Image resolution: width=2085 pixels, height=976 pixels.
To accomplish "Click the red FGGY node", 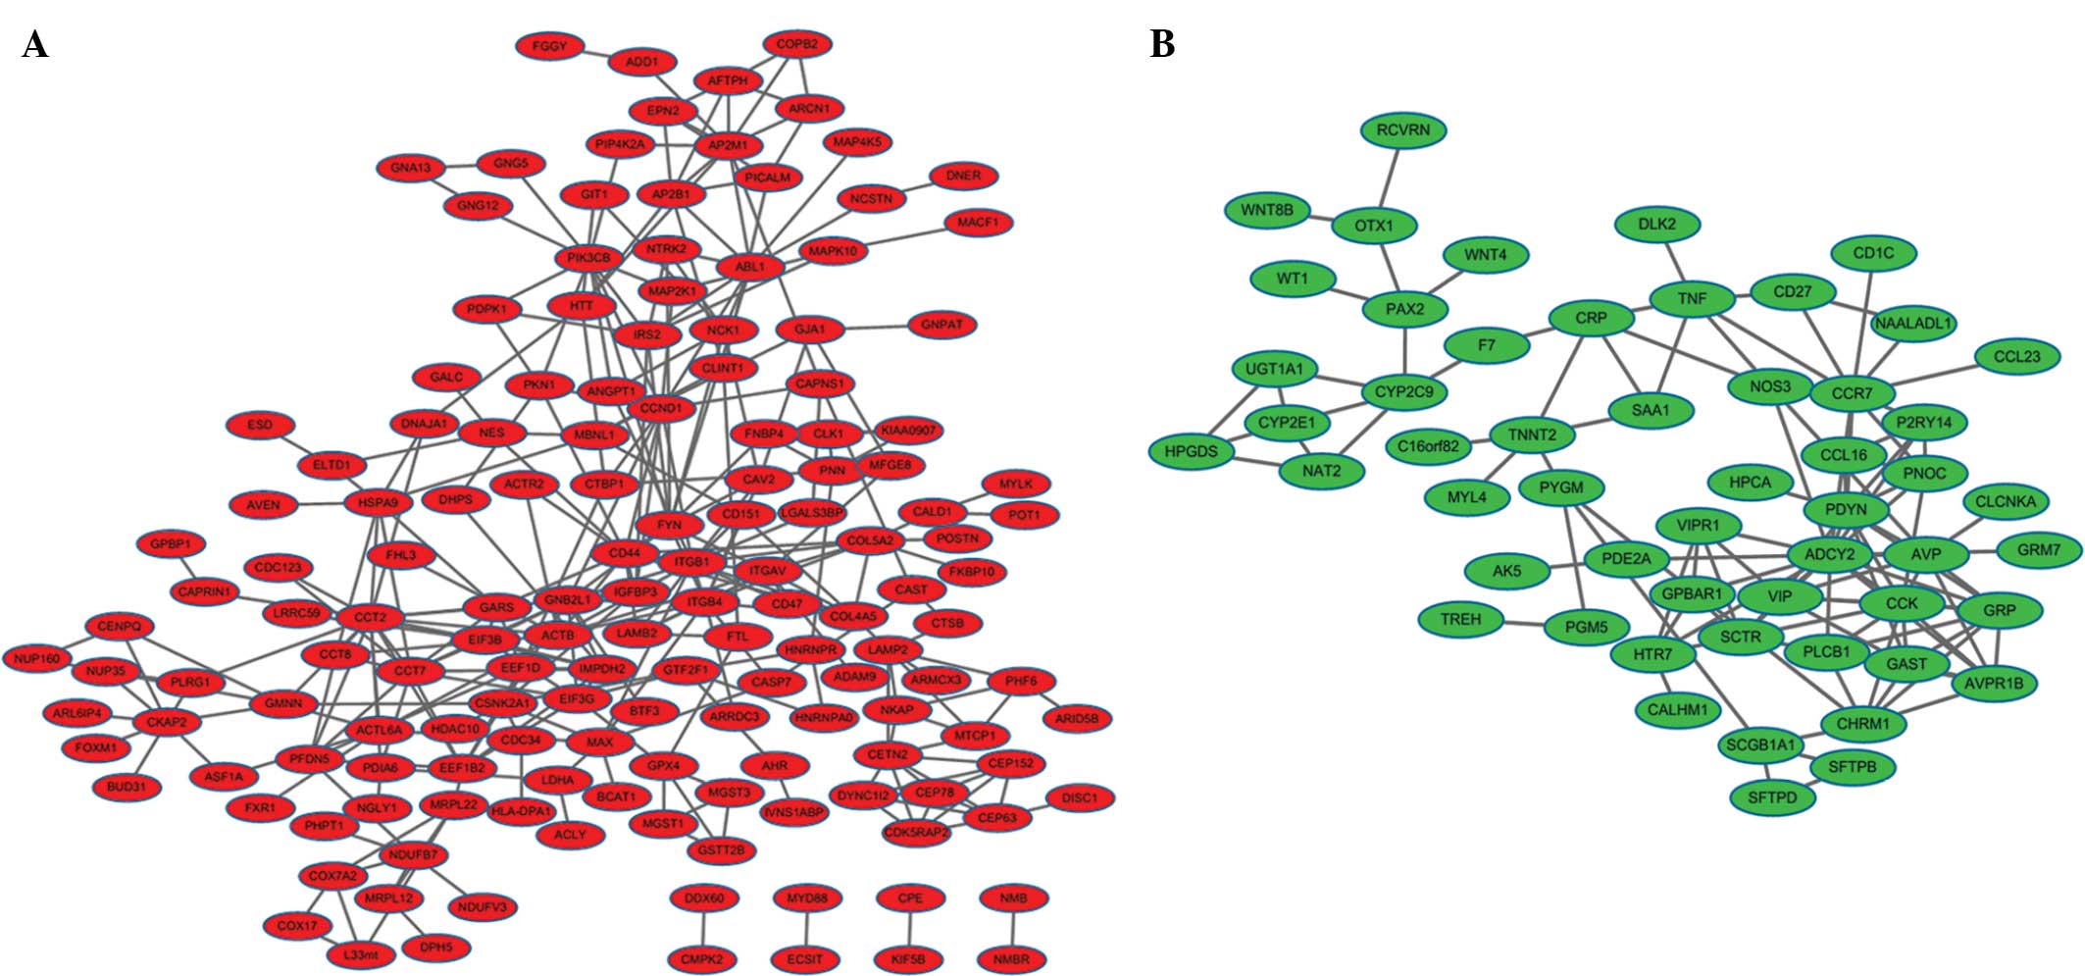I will point(549,46).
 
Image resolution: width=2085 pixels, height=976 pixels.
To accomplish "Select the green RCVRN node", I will point(1402,130).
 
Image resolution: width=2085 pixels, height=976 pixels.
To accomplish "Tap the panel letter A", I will point(34,45).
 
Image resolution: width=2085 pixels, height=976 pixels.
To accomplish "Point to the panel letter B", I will point(1162,45).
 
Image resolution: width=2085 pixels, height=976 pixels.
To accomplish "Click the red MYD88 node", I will point(807,899).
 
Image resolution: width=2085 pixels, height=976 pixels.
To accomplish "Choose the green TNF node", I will point(1692,298).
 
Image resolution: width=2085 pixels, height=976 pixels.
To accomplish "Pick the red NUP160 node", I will point(37,659).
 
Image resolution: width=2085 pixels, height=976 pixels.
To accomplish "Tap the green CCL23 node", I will point(2016,357).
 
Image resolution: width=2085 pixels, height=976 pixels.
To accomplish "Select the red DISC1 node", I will point(1079,798).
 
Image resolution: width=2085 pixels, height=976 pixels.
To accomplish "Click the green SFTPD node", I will point(1772,798).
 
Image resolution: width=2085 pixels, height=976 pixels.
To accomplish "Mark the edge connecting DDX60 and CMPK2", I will point(703,929).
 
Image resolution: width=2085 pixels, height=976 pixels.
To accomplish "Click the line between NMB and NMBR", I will point(1013,929).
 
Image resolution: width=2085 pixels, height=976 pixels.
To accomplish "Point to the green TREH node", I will point(1460,620).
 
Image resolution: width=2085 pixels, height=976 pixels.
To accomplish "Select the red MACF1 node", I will point(978,224).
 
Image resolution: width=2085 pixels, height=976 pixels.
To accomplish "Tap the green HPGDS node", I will point(1191,451).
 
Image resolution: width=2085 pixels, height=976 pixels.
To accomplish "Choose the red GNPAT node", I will point(941,325).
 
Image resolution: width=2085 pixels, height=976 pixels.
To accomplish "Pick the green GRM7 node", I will point(2038,550).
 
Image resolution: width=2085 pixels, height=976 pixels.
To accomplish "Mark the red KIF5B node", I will point(909,959).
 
